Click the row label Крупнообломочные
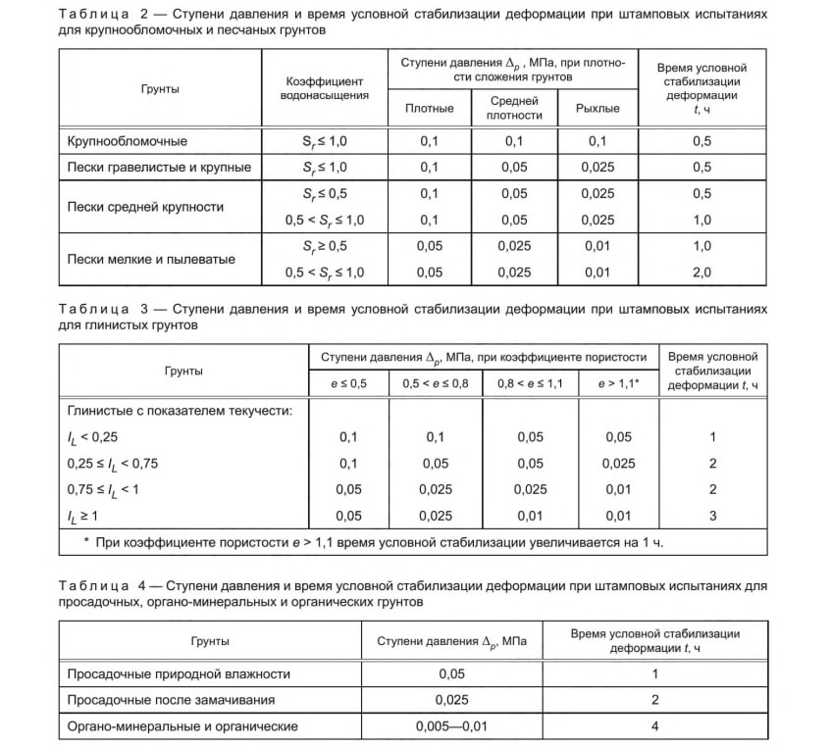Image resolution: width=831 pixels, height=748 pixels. tap(127, 142)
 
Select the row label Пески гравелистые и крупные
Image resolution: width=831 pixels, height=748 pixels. tap(159, 167)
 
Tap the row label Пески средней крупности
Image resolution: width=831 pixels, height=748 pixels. tap(145, 207)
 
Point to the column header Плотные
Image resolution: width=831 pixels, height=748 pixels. tap(429, 108)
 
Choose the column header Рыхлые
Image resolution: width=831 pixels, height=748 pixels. tap(597, 108)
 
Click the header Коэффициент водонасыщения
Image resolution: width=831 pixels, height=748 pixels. tap(325, 88)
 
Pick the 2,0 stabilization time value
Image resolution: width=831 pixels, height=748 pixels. tap(701, 272)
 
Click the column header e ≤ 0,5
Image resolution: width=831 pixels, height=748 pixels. tap(349, 382)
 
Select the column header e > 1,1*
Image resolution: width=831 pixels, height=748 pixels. tap(619, 382)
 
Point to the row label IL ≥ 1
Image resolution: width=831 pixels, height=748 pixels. tap(82, 515)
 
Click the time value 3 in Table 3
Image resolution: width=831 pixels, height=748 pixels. tap(713, 515)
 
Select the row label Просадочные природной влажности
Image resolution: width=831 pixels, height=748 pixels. tap(178, 674)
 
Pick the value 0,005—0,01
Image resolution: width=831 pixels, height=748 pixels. tap(451, 726)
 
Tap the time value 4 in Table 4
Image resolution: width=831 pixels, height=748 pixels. tap(654, 726)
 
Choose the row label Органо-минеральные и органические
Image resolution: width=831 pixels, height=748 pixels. tap(182, 726)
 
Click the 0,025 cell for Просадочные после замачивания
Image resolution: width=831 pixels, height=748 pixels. tap(451, 700)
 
